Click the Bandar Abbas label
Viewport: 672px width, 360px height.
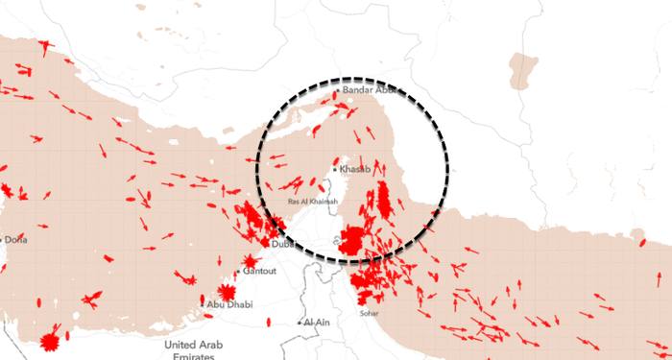(x=369, y=91)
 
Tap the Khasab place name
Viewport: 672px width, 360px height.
(x=354, y=169)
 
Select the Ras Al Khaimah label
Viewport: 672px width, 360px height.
(x=312, y=202)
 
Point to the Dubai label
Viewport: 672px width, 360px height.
(x=284, y=245)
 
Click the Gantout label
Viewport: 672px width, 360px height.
(x=260, y=272)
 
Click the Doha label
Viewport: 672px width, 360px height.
(x=16, y=239)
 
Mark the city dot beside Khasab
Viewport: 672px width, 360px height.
(x=334, y=169)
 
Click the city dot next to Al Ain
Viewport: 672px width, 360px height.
(x=300, y=323)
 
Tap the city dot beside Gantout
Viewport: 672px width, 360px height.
(x=240, y=272)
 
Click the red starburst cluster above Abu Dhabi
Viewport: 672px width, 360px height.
(x=228, y=292)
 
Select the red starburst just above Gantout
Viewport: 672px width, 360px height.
(x=251, y=260)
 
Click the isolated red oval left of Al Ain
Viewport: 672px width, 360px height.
(x=269, y=323)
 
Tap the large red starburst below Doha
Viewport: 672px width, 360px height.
(x=51, y=340)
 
